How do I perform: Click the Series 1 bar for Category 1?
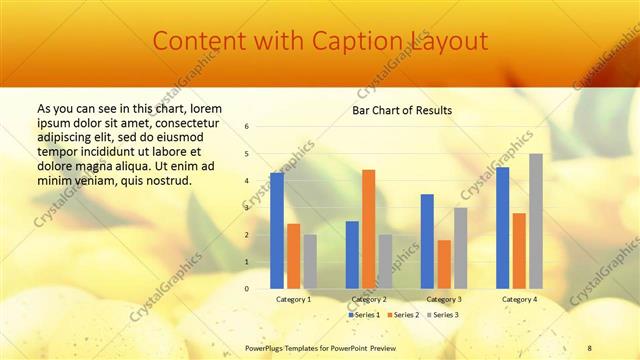[277, 231]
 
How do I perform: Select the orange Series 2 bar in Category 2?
[368, 229]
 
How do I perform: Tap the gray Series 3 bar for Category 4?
[536, 221]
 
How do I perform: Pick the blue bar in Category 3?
[427, 241]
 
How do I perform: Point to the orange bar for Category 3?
[443, 264]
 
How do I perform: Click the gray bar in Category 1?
[310, 262]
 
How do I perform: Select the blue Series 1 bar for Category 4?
[503, 228]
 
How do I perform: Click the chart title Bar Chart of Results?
[402, 110]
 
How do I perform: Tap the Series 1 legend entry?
[363, 315]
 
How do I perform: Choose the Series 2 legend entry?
[403, 315]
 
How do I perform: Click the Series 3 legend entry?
[442, 315]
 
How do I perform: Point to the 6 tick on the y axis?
[247, 127]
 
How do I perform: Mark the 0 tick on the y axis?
[247, 289]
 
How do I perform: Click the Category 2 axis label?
[368, 299]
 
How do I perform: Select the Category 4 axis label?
[519, 299]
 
